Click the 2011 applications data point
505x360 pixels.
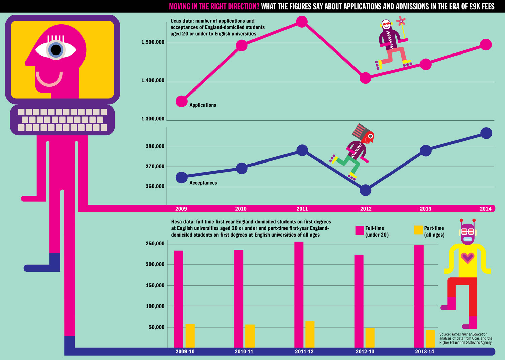302,22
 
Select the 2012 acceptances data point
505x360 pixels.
365,190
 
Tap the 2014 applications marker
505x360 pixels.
485,44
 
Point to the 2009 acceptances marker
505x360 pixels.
181,177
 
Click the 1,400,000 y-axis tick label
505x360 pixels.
153,81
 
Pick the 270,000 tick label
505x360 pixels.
155,167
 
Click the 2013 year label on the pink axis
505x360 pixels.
425,209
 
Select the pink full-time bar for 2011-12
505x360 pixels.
299,294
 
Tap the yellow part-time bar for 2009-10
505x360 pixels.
190,335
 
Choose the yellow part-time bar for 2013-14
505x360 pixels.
430,338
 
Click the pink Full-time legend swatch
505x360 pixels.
360,230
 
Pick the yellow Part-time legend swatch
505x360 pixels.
418,230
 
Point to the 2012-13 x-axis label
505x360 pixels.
365,352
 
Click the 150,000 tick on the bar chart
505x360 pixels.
155,286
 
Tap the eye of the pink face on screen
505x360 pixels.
56,50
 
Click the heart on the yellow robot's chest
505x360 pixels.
467,258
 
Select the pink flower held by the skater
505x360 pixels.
401,21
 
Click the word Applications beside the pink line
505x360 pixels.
203,105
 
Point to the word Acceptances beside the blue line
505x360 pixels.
203,183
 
